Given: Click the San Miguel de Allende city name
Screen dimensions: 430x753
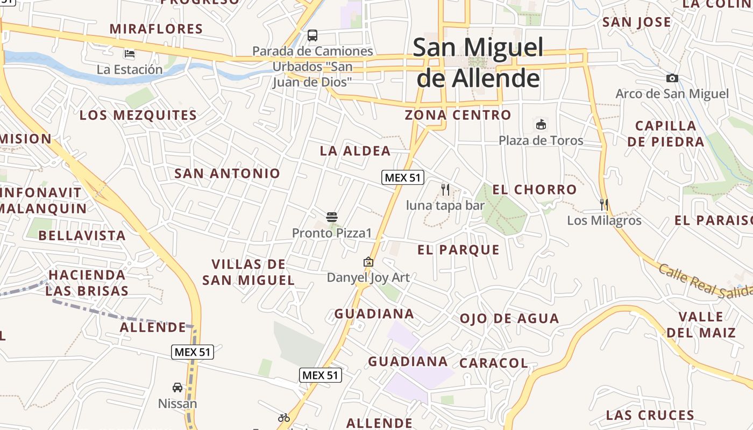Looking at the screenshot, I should (x=478, y=63).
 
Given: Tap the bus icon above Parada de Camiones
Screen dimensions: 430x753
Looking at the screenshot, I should (x=312, y=35).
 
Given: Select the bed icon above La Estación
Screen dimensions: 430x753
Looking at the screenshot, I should (x=130, y=53).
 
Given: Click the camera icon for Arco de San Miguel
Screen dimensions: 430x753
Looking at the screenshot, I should (x=672, y=78).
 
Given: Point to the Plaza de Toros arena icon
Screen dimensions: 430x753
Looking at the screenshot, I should (x=541, y=125).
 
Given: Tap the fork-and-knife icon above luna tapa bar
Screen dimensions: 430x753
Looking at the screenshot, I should (x=445, y=189).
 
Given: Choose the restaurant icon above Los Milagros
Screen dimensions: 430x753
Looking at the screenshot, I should (x=604, y=204).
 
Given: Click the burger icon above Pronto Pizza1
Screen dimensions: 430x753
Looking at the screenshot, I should (x=332, y=217).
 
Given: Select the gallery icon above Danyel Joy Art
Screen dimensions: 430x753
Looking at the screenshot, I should (x=368, y=262).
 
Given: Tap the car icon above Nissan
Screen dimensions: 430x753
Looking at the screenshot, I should (x=177, y=387).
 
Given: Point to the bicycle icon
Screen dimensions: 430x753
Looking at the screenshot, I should (x=284, y=418).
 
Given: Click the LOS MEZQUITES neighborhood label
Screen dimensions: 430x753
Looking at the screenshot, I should (x=138, y=115).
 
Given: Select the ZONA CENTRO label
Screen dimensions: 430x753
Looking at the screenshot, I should (x=458, y=114).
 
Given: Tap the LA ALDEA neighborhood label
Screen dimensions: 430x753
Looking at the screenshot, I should (x=355, y=150).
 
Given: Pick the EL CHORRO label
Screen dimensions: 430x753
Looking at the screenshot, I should (x=534, y=189).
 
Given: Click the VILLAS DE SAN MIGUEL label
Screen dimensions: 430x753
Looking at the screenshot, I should (x=248, y=272).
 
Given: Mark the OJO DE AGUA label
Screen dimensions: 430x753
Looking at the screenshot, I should (x=509, y=318).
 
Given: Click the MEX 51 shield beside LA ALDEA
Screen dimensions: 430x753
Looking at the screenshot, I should (x=402, y=177).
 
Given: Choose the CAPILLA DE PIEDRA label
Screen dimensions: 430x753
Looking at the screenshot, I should (x=665, y=133).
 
